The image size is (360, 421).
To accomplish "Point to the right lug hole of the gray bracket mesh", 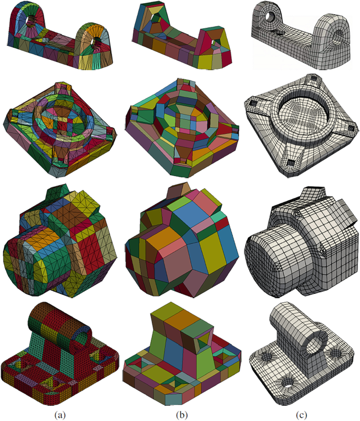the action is coord(337,36).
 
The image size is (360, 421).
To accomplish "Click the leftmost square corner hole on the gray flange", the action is coord(253,103).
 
